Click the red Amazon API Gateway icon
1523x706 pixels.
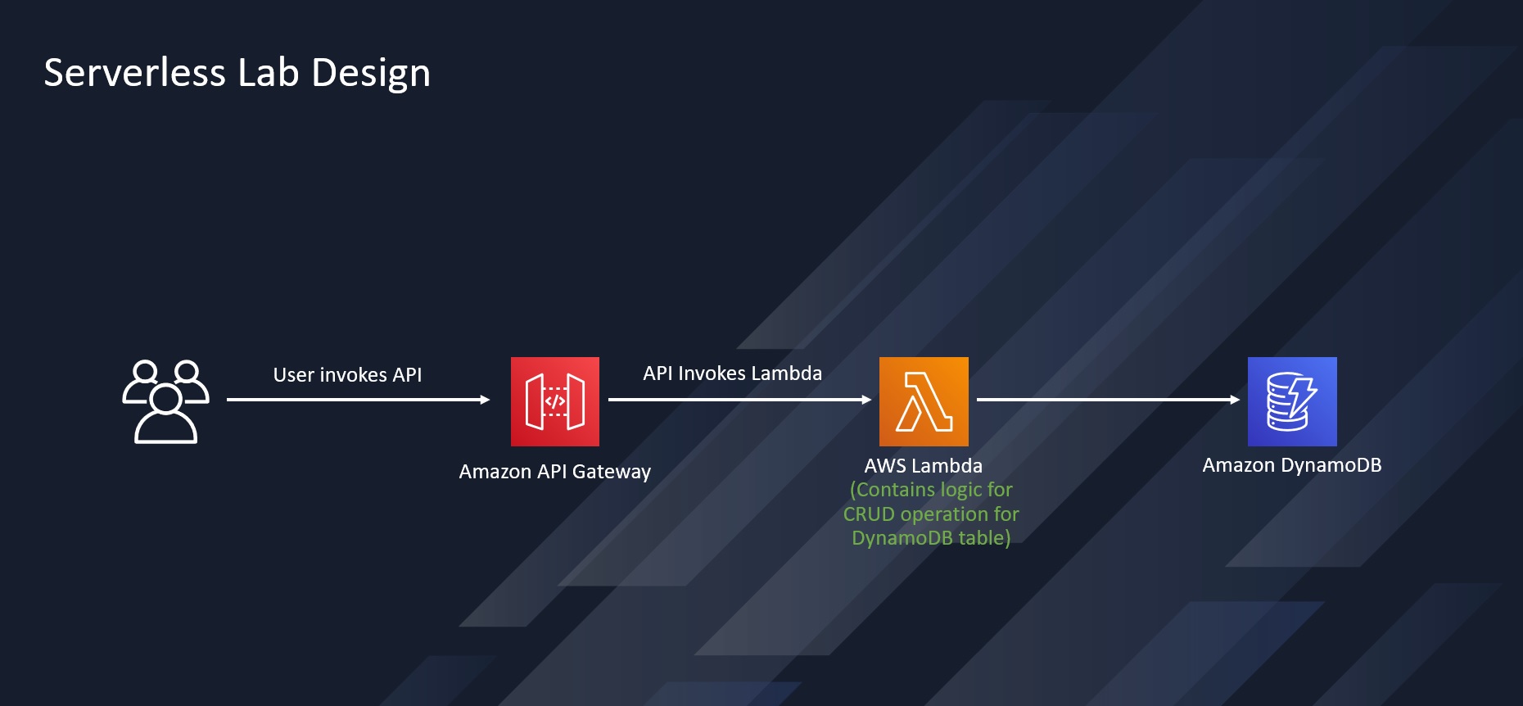click(x=555, y=401)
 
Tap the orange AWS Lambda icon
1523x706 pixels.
click(x=924, y=401)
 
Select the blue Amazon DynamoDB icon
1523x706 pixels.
click(x=1292, y=401)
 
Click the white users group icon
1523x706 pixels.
click(x=166, y=401)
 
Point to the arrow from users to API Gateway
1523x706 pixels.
click(x=358, y=400)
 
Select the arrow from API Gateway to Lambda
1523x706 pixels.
click(x=739, y=400)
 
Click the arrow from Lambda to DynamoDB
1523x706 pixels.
click(x=1108, y=400)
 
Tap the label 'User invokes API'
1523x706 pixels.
click(x=347, y=375)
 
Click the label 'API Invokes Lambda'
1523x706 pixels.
click(x=732, y=373)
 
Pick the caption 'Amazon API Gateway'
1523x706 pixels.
click(x=555, y=472)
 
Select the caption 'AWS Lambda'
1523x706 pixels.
click(x=923, y=466)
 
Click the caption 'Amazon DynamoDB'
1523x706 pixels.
click(x=1291, y=465)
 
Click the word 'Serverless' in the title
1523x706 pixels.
click(x=134, y=73)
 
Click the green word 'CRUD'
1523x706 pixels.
click(x=869, y=514)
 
